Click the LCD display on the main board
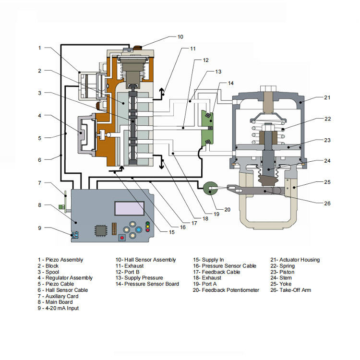click(x=129, y=209)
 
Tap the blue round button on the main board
click(x=139, y=230)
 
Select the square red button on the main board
click(x=122, y=237)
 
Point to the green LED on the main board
click(x=147, y=229)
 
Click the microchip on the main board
click(x=101, y=230)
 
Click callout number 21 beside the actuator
click(x=327, y=97)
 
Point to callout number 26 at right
click(x=327, y=203)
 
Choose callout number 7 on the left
click(x=40, y=183)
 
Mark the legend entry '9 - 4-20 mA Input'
click(x=59, y=308)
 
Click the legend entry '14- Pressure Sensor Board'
click(x=147, y=284)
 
